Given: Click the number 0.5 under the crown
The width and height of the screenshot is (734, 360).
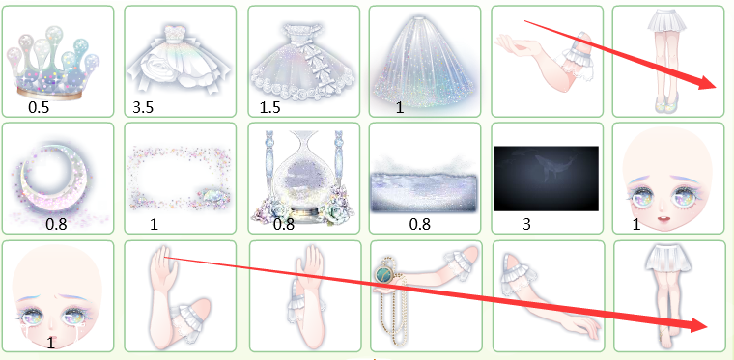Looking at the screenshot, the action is click(x=39, y=107).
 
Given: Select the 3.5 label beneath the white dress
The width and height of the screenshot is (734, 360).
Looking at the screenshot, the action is click(x=143, y=107).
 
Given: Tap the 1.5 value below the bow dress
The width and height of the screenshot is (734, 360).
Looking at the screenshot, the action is click(x=270, y=107).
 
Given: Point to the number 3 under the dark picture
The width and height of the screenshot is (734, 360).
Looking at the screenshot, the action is click(x=526, y=225).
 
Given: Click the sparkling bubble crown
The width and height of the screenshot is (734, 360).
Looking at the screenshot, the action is click(x=53, y=63).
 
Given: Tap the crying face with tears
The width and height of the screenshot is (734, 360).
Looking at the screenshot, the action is click(x=58, y=298).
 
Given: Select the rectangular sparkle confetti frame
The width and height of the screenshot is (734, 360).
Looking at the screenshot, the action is click(x=181, y=178).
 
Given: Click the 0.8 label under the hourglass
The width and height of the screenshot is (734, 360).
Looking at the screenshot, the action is click(x=284, y=225).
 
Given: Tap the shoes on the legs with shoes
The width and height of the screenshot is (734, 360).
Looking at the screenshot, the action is click(x=668, y=98).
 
